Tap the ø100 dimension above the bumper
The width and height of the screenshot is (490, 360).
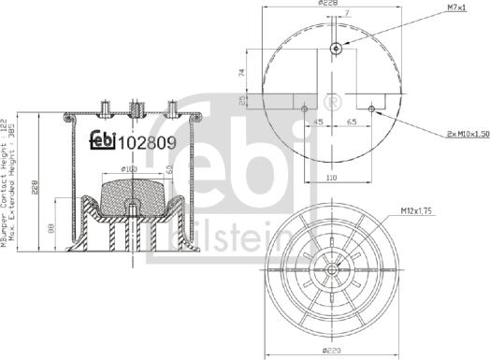(130, 170)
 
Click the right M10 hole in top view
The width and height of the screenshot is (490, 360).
(372, 108)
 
